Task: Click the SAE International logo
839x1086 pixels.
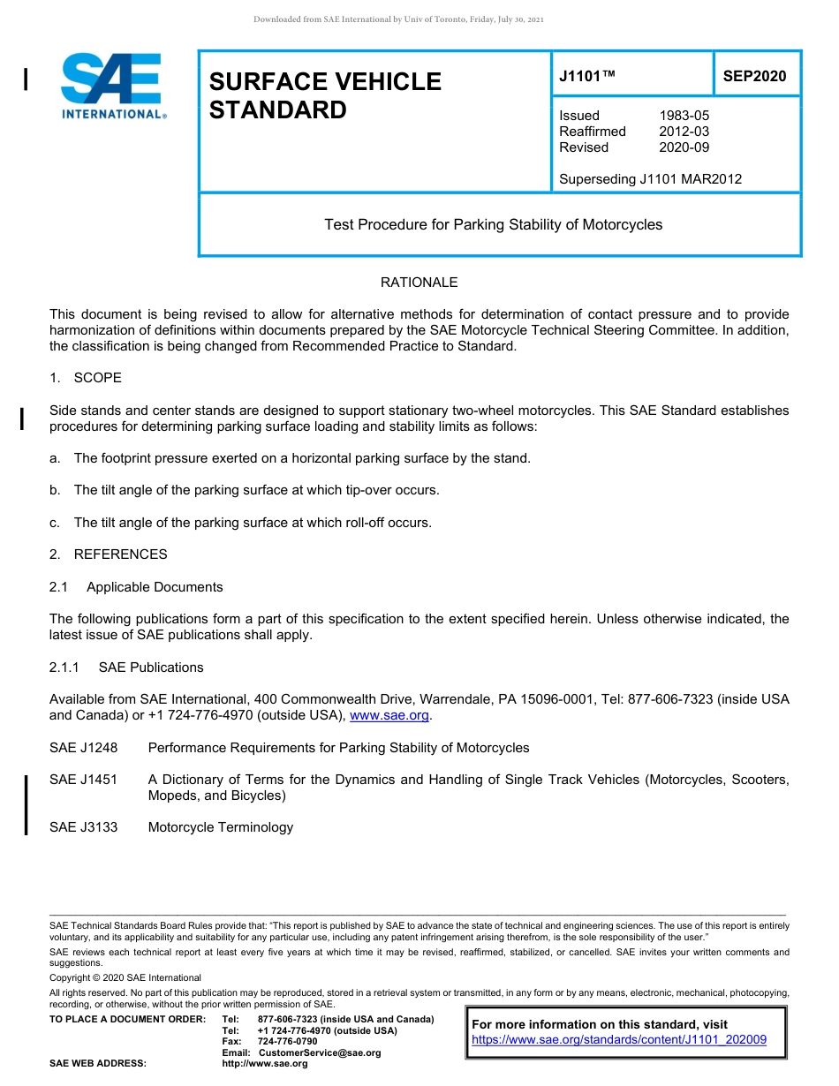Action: point(113,86)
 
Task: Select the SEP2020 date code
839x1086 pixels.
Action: point(754,77)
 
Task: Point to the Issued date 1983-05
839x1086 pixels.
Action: point(684,116)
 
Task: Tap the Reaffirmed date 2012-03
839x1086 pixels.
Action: point(684,132)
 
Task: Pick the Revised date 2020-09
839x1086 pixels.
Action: point(684,147)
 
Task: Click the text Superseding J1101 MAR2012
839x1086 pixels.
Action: point(650,179)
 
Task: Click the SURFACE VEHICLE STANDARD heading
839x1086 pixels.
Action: point(324,95)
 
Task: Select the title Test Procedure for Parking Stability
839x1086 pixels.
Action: point(493,225)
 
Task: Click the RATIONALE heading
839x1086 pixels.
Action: point(419,283)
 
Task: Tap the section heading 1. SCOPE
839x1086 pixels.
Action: point(86,378)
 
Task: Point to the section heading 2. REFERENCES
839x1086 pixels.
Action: point(108,554)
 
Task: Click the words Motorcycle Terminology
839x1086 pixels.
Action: point(220,827)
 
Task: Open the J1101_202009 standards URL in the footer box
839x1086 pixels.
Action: point(619,1040)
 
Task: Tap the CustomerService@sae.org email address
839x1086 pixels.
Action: point(319,1052)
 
